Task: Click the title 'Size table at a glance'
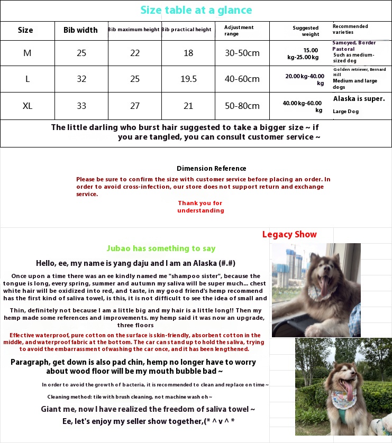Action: (x=196, y=10)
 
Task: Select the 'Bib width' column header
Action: (x=80, y=30)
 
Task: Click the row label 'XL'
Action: (x=28, y=106)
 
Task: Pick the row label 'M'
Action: (x=28, y=53)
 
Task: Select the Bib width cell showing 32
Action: (x=81, y=79)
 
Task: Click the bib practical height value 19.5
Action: (x=188, y=79)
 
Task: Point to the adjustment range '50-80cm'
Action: (x=242, y=106)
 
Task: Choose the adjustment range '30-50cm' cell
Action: (x=242, y=53)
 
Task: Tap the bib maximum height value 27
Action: (x=135, y=106)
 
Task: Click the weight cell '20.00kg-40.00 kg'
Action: (x=305, y=79)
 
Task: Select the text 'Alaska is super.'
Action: (x=359, y=99)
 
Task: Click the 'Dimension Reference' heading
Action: (x=211, y=169)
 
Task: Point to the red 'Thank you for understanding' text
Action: (x=200, y=207)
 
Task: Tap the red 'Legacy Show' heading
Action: (x=289, y=234)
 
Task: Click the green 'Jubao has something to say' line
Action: (x=161, y=248)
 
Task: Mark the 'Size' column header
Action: (x=25, y=30)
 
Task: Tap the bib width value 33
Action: (x=81, y=106)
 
